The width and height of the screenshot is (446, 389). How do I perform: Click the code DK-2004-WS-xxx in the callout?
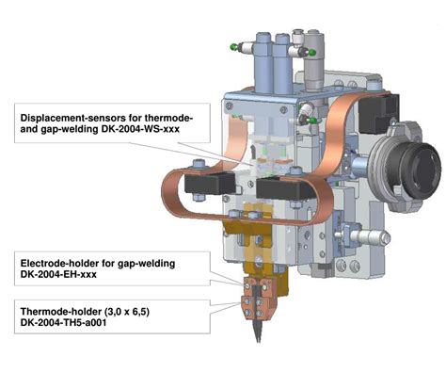tap(140, 129)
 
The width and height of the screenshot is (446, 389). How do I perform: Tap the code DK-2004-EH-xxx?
tap(58, 274)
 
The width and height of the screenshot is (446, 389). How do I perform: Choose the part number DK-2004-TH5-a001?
tap(63, 322)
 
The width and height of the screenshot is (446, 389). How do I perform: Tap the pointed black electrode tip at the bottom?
tap(258, 332)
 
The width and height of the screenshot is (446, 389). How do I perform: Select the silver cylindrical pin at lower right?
tap(367, 236)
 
